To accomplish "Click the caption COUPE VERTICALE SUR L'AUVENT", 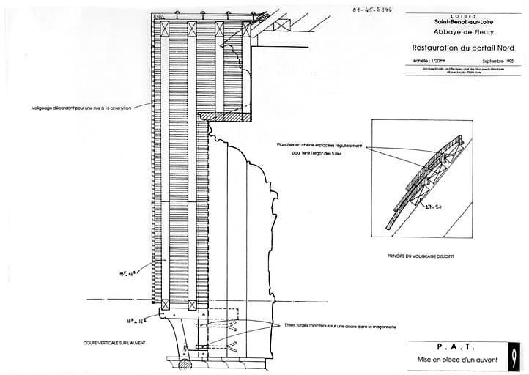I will click(112, 342).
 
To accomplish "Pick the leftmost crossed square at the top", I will click(168, 29).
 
